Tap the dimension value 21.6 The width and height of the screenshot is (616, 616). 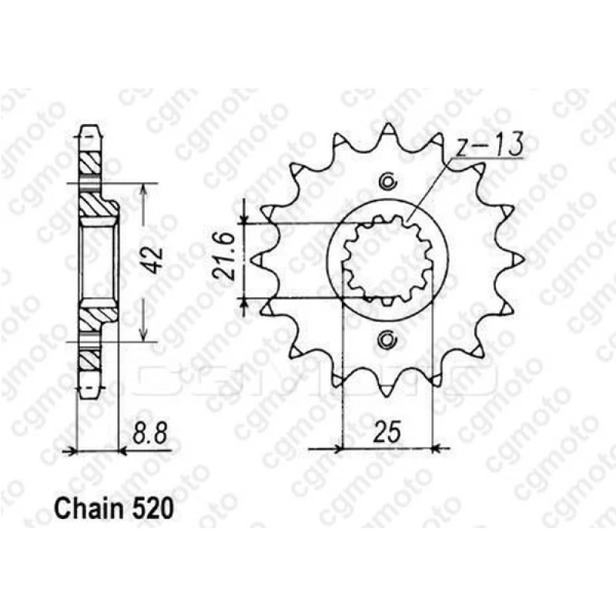click(x=225, y=256)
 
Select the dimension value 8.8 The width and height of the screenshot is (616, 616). click(x=150, y=433)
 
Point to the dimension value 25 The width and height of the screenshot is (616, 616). click(x=388, y=431)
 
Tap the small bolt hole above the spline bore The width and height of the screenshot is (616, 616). click(x=388, y=182)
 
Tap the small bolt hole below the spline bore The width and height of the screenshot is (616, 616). click(x=387, y=339)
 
